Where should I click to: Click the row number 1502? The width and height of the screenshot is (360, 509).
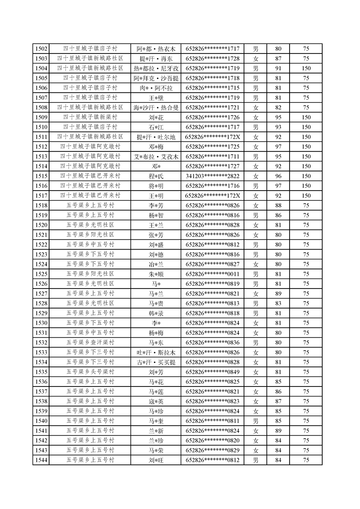click(x=41, y=49)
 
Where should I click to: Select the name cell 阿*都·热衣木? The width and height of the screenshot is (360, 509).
click(x=156, y=49)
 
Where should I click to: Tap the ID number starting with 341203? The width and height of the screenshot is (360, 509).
click(x=212, y=176)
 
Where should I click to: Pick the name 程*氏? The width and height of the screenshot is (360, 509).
click(x=156, y=176)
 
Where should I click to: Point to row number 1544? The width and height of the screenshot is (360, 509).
click(x=41, y=460)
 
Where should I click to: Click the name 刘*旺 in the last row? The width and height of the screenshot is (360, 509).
click(x=156, y=460)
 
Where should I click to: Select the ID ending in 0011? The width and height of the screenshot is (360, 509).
click(x=212, y=274)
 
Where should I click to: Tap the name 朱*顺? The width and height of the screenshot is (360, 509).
click(x=156, y=274)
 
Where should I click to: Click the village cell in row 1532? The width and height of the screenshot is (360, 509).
click(x=90, y=343)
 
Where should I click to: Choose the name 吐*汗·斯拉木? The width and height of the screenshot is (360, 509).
click(x=156, y=352)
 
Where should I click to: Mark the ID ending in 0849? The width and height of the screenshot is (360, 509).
click(x=212, y=372)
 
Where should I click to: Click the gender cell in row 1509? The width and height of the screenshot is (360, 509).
click(x=256, y=117)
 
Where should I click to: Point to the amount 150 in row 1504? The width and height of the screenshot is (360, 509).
click(x=306, y=68)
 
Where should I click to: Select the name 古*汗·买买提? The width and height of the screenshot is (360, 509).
click(x=156, y=362)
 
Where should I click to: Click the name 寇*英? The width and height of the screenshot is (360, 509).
click(x=156, y=401)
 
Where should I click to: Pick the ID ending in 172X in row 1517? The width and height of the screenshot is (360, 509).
click(x=212, y=196)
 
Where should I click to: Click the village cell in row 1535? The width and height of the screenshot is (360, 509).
click(x=90, y=372)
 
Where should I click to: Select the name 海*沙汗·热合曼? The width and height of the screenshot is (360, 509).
click(x=156, y=108)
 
